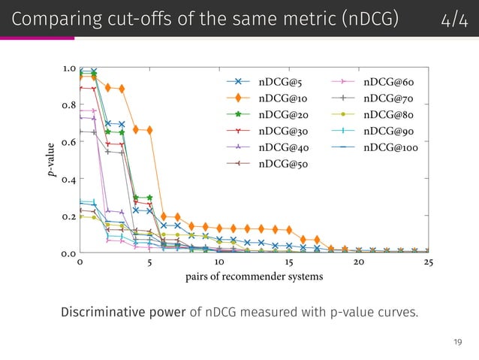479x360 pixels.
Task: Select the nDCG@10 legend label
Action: pos(284,98)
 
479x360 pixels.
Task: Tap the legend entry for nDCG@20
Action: pos(284,114)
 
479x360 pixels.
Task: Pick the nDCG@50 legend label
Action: pos(284,163)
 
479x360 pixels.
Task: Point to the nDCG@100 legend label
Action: pos(391,147)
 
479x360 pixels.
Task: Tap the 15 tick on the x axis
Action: pos(288,262)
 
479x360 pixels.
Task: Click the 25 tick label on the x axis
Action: pos(428,262)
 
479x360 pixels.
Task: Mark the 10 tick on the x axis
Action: pos(218,262)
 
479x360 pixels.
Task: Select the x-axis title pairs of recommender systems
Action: pos(254,277)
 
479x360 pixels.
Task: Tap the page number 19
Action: pos(457,343)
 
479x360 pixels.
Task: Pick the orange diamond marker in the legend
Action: pos(237,98)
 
